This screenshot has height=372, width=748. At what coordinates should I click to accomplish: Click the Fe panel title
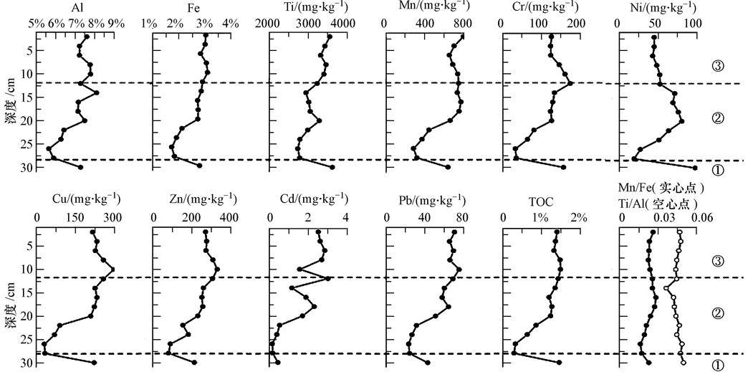point(190,8)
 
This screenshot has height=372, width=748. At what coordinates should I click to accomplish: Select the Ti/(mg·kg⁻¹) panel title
point(306,8)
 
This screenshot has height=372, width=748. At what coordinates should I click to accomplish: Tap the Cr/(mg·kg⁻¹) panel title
point(540,8)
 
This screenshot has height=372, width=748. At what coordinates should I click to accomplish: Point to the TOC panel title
point(540,203)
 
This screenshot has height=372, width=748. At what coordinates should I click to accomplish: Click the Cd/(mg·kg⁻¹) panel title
point(307,199)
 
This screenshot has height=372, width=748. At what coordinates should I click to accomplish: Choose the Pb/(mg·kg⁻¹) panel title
point(423,199)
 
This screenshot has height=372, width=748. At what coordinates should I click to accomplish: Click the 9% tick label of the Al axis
point(116,23)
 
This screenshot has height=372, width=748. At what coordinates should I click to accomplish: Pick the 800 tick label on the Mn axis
point(462,23)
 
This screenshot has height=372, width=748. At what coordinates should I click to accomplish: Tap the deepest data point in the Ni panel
point(694,168)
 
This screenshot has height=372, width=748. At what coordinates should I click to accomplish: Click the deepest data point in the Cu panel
point(94,363)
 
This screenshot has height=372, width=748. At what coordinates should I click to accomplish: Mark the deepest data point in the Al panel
point(80,167)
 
